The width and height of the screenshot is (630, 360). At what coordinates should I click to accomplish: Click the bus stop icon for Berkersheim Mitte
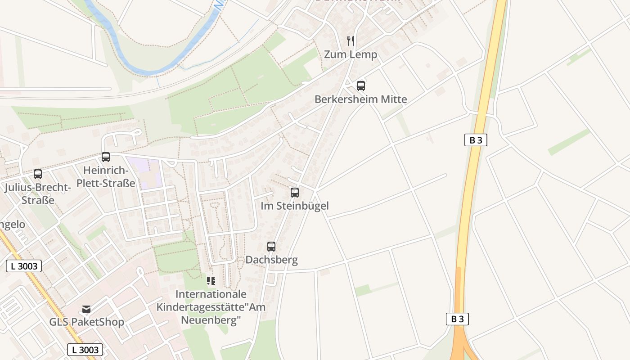(x=360, y=85)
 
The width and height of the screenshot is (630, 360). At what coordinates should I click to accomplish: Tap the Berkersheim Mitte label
(x=360, y=99)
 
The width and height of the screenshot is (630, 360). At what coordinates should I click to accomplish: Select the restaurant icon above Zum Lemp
(x=351, y=41)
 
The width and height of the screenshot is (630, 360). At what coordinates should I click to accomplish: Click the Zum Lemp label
(x=351, y=55)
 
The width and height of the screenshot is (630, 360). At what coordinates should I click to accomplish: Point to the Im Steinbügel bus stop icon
(x=295, y=193)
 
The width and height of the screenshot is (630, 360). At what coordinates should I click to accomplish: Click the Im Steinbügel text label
(x=295, y=206)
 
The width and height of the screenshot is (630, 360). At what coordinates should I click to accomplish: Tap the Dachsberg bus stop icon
(x=271, y=247)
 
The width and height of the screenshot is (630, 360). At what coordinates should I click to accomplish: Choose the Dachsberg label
(x=271, y=260)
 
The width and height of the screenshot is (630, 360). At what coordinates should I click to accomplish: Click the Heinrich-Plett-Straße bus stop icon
(x=106, y=157)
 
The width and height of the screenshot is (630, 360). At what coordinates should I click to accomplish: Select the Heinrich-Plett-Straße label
(x=106, y=177)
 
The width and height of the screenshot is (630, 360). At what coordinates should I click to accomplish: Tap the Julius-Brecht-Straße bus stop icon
(x=38, y=174)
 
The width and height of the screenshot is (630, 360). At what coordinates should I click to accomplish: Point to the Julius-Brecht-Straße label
(x=38, y=193)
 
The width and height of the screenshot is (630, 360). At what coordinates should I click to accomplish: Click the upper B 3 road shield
(x=476, y=140)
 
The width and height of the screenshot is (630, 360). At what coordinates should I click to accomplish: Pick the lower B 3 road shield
(x=457, y=319)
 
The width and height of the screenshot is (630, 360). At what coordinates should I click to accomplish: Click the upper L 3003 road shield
(x=24, y=266)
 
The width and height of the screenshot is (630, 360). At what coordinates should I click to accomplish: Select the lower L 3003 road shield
(x=85, y=350)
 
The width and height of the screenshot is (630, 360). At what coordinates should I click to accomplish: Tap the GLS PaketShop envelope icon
(x=86, y=309)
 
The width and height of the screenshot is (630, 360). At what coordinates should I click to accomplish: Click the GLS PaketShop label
(x=86, y=322)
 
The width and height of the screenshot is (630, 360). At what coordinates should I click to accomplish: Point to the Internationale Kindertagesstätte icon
(x=211, y=281)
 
